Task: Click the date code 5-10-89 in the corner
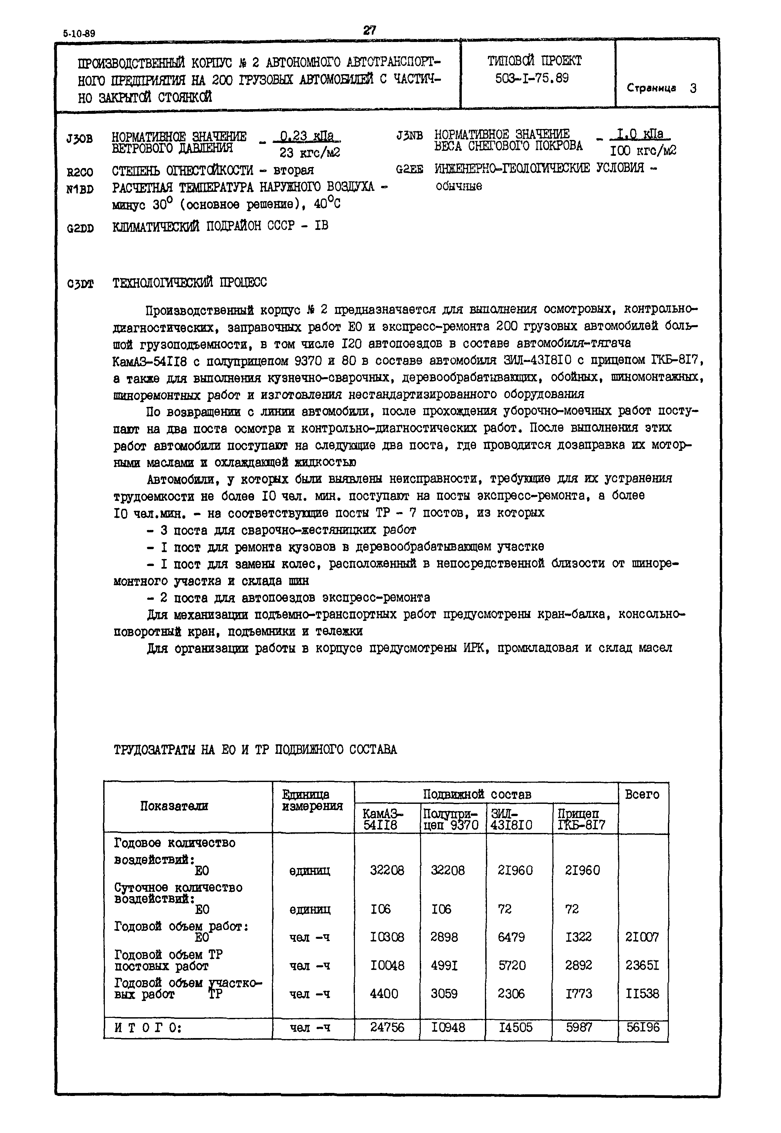[79, 34]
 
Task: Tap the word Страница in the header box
[651, 89]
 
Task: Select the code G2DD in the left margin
[80, 229]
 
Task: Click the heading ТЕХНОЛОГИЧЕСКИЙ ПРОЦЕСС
[190, 283]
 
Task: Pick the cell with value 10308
[387, 937]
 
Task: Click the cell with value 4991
[444, 965]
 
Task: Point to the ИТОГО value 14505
[515, 1027]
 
